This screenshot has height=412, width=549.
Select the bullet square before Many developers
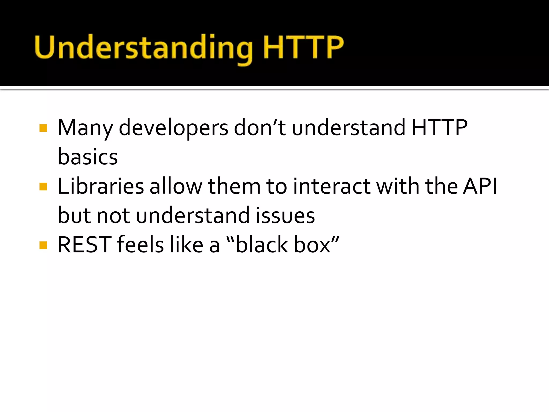click(43, 128)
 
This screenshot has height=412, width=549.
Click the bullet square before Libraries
click(43, 186)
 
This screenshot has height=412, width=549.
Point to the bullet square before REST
click(43, 245)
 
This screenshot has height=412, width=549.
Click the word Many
click(85, 128)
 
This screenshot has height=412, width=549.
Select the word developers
click(173, 128)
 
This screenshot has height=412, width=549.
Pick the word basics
click(88, 157)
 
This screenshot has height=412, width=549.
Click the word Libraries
click(101, 186)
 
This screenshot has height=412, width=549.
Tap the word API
click(480, 186)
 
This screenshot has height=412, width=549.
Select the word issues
click(285, 216)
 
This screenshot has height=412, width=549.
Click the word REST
click(84, 245)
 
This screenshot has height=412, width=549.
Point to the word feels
click(140, 245)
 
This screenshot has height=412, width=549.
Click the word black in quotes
click(262, 245)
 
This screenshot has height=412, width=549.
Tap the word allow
click(176, 186)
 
